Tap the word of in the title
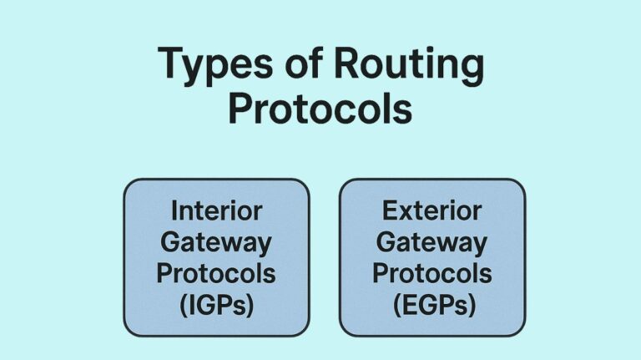click(x=299, y=65)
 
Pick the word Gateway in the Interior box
click(x=216, y=243)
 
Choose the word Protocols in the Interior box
click(x=216, y=273)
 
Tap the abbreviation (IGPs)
click(x=216, y=304)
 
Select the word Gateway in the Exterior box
click(x=432, y=243)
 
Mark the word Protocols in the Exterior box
click(x=432, y=273)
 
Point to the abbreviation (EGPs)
click(x=432, y=304)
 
